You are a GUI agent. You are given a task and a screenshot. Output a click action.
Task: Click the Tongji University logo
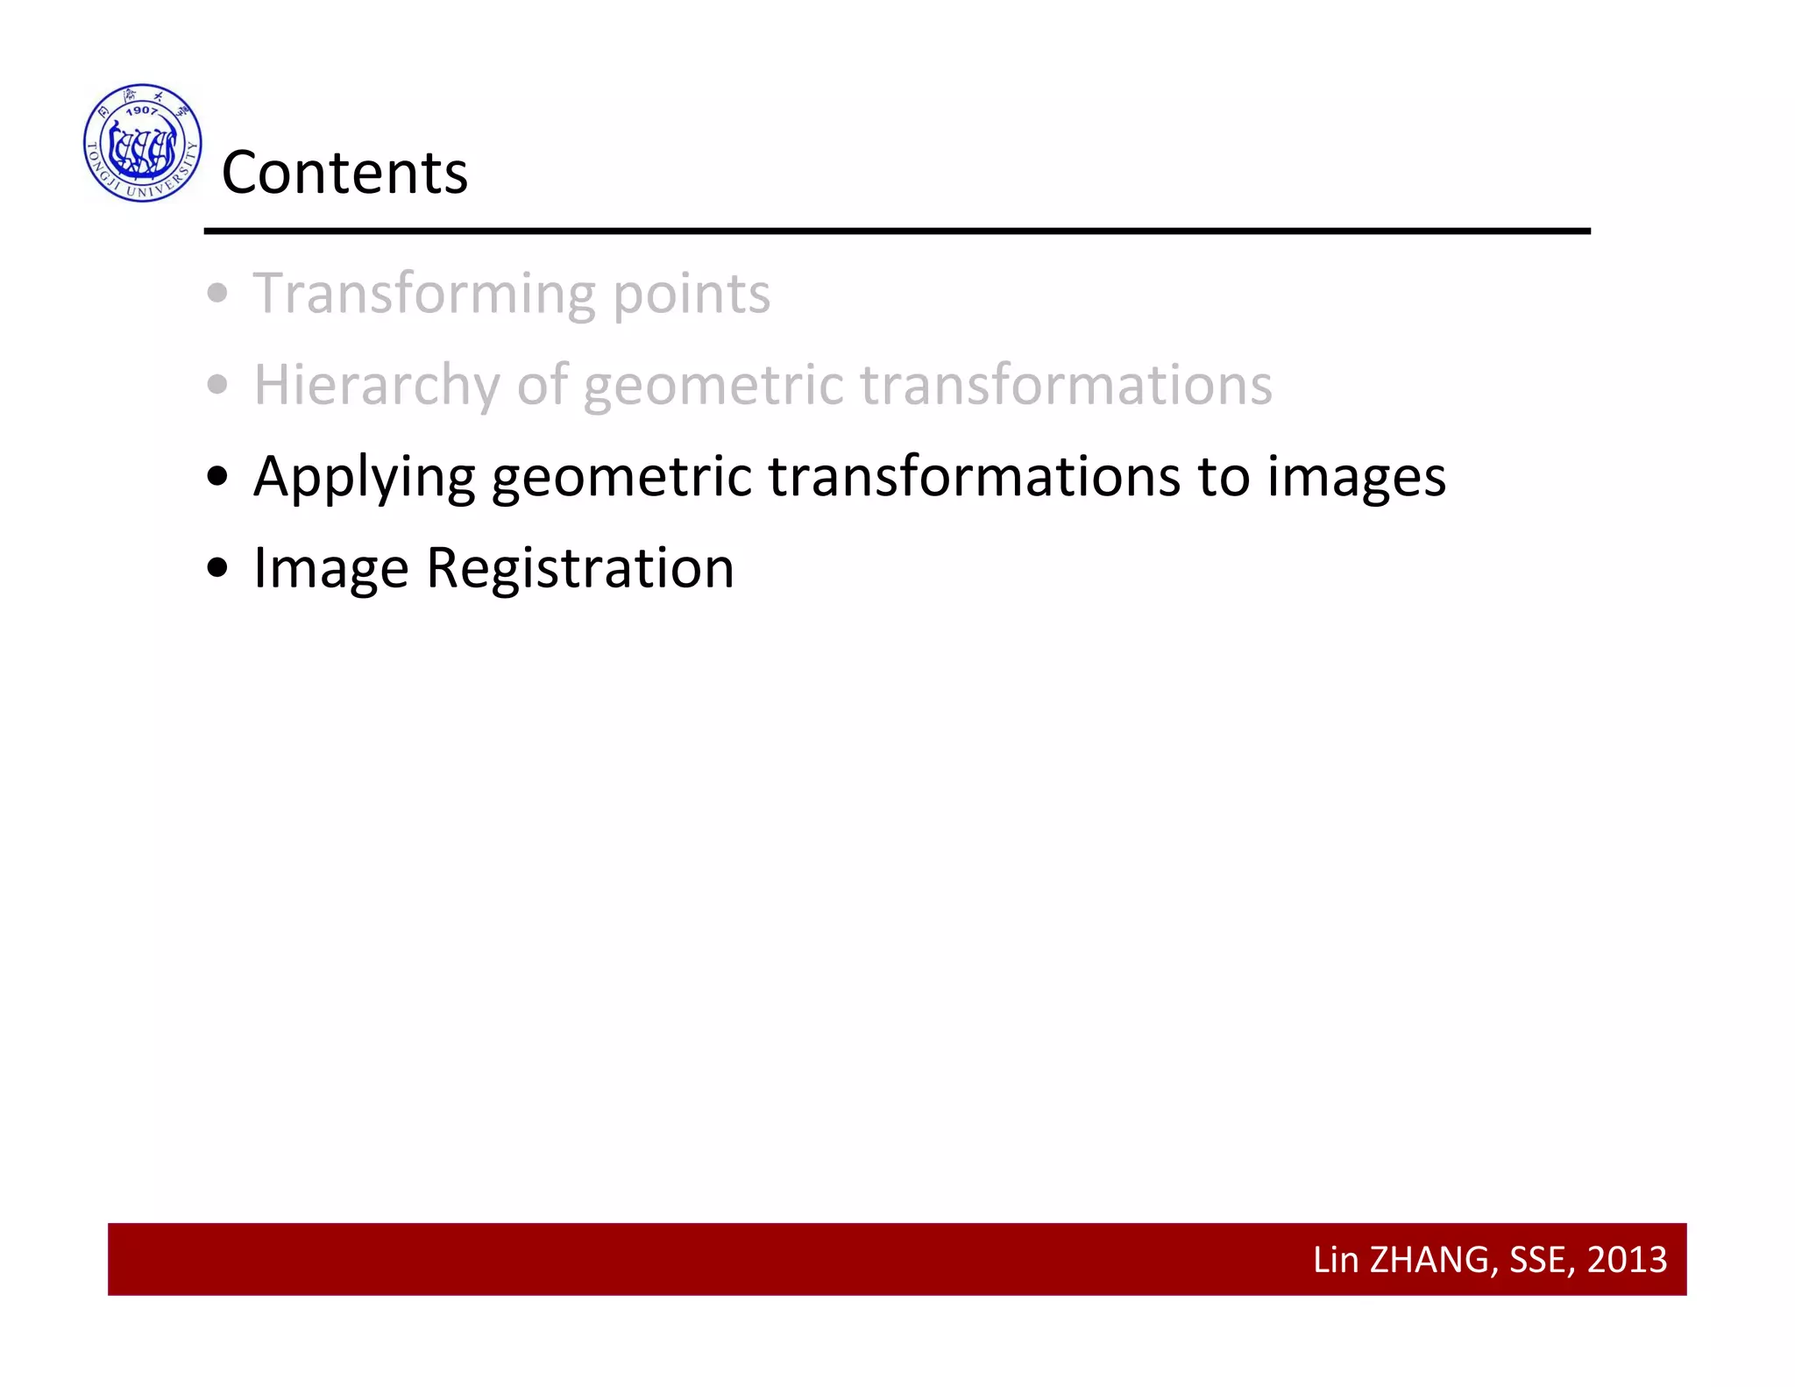[142, 143]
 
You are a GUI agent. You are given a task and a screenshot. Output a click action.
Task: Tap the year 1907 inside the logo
[141, 111]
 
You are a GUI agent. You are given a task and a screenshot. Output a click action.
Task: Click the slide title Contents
[344, 172]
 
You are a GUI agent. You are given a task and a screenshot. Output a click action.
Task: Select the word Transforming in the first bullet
[424, 294]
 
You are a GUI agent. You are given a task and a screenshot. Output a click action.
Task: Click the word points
[691, 294]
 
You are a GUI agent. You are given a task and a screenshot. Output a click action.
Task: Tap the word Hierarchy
[377, 386]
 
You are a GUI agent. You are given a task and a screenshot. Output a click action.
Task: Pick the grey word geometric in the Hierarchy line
[712, 386]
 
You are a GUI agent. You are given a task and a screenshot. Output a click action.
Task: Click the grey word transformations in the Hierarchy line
[1065, 385]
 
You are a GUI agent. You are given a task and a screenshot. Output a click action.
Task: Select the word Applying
[364, 478]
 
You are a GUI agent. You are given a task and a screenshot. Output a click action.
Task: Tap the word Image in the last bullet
[330, 569]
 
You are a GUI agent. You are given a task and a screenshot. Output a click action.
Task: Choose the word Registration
[579, 569]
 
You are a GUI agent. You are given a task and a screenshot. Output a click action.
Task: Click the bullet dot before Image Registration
[217, 568]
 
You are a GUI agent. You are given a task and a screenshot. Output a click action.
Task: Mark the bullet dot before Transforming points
[217, 293]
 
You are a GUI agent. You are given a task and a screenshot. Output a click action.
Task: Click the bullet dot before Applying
[217, 476]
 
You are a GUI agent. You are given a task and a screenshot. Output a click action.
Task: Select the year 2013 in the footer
[1627, 1260]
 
